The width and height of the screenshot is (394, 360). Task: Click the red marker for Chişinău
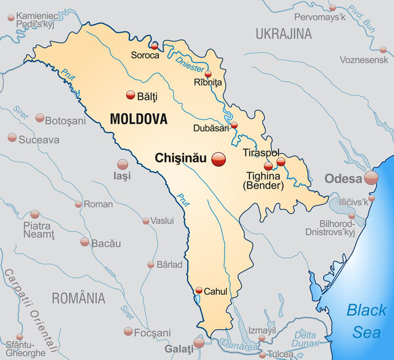click(219, 158)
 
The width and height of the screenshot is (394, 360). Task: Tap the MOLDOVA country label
click(139, 120)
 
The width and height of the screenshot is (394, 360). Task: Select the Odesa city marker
click(372, 178)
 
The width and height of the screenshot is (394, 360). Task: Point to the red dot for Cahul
click(199, 290)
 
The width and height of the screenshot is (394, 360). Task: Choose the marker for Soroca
click(154, 47)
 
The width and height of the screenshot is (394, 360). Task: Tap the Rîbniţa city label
click(209, 82)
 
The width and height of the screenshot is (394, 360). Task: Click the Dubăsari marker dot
click(234, 124)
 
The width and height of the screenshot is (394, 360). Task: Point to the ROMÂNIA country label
click(78, 298)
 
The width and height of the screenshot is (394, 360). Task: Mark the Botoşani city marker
click(40, 118)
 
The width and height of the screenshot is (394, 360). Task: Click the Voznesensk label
click(363, 60)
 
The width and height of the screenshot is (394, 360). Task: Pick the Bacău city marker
click(85, 242)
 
